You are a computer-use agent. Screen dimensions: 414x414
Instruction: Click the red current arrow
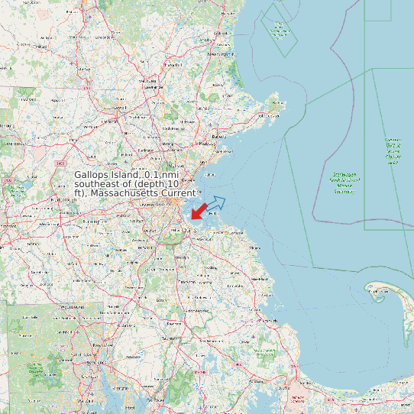[199, 210]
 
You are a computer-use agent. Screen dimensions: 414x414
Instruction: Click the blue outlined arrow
[216, 202]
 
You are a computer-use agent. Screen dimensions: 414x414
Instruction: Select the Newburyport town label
[221, 54]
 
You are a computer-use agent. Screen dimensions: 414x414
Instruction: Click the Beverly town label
[220, 137]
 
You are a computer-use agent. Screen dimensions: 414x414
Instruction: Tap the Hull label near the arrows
[222, 214]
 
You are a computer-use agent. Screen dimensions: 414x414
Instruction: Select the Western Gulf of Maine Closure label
[393, 150]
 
